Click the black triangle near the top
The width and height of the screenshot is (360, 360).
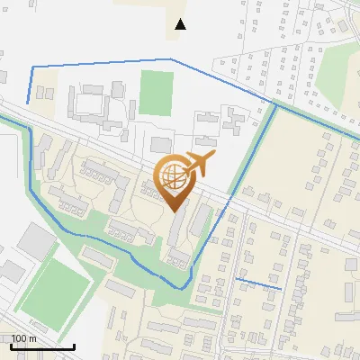[181, 24]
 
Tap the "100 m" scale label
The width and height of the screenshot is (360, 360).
[24, 338]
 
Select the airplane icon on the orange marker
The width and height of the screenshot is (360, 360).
[199, 166]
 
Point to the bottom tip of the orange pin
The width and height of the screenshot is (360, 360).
[175, 211]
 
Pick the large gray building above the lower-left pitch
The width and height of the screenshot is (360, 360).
[36, 239]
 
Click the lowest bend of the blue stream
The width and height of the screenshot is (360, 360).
[184, 287]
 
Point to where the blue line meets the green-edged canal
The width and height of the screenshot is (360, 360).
[274, 104]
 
